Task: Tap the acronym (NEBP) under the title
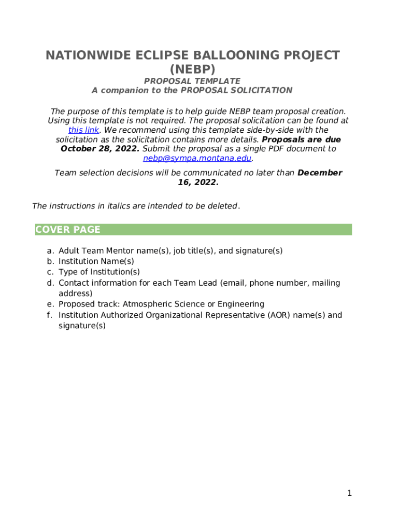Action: pos(192,69)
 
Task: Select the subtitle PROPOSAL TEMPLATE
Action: pos(192,81)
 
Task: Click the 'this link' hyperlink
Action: pos(83,130)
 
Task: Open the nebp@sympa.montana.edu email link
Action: pos(197,158)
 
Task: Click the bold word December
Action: pos(320,173)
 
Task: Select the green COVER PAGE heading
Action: pos(68,230)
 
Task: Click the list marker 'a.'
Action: pos(50,251)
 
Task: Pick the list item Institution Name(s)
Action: pos(96,261)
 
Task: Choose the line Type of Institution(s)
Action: pos(99,272)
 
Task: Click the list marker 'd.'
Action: pos(50,283)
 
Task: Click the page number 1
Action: pos(349,493)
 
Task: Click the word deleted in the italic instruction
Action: pos(222,206)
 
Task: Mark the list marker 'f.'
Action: pos(50,315)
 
